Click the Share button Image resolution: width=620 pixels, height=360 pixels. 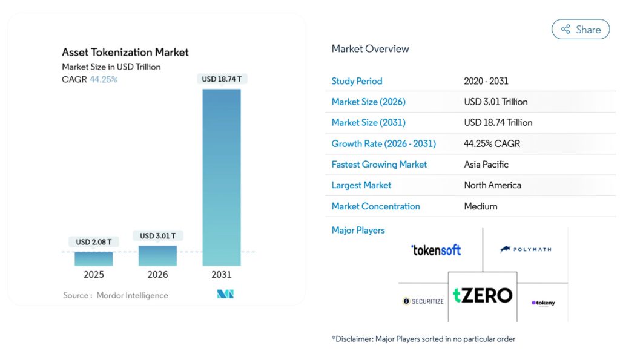click(581, 29)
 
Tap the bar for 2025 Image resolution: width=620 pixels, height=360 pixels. click(94, 258)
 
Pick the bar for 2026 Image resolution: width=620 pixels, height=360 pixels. click(157, 255)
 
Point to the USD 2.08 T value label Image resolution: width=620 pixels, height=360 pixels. click(94, 242)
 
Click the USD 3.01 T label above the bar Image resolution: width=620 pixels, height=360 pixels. click(157, 235)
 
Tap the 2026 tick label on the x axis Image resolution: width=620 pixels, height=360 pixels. click(157, 275)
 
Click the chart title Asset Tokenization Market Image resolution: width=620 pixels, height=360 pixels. click(125, 52)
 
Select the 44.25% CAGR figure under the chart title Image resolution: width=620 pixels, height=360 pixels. click(104, 79)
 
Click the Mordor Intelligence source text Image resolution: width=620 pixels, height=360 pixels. click(132, 295)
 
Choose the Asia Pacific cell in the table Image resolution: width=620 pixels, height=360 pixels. click(486, 165)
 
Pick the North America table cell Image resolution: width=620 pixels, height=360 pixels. click(492, 185)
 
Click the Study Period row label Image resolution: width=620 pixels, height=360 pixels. click(357, 81)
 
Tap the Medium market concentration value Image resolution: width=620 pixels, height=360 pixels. click(481, 206)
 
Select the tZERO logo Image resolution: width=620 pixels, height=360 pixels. click(483, 295)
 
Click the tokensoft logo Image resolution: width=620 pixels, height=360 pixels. click(436, 250)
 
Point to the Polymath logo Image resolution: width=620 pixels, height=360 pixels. click(526, 249)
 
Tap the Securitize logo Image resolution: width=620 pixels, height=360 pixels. click(423, 301)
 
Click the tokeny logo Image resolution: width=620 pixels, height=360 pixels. click(543, 303)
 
